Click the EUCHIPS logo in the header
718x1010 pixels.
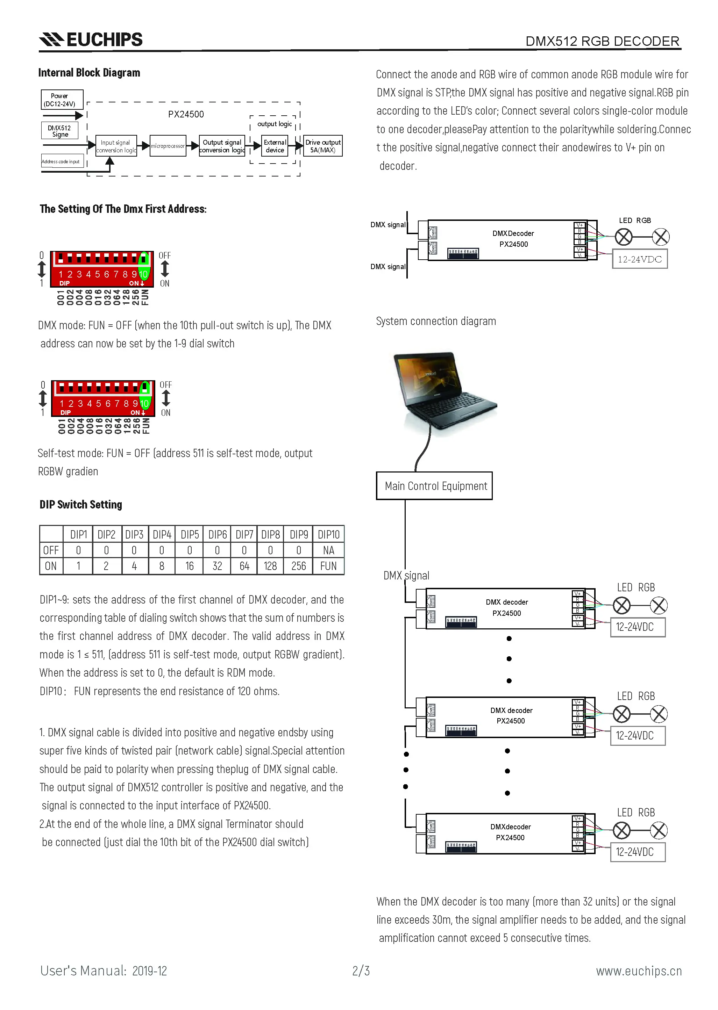click(91, 39)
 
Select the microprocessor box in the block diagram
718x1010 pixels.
click(168, 146)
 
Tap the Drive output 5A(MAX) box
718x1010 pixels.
click(323, 146)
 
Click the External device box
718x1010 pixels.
click(275, 146)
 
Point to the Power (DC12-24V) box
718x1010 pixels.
click(62, 99)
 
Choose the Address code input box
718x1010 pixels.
click(61, 161)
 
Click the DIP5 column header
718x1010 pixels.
click(190, 535)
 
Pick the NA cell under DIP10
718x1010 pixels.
click(328, 550)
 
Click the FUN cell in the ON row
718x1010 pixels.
click(328, 566)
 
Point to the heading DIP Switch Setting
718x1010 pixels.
click(80, 505)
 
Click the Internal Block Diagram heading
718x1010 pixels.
click(89, 73)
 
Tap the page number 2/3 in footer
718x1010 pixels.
click(361, 971)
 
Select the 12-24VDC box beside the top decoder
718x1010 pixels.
click(639, 259)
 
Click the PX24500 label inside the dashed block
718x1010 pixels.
click(186, 114)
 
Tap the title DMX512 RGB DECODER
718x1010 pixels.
click(602, 41)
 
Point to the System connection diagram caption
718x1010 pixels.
click(436, 321)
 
